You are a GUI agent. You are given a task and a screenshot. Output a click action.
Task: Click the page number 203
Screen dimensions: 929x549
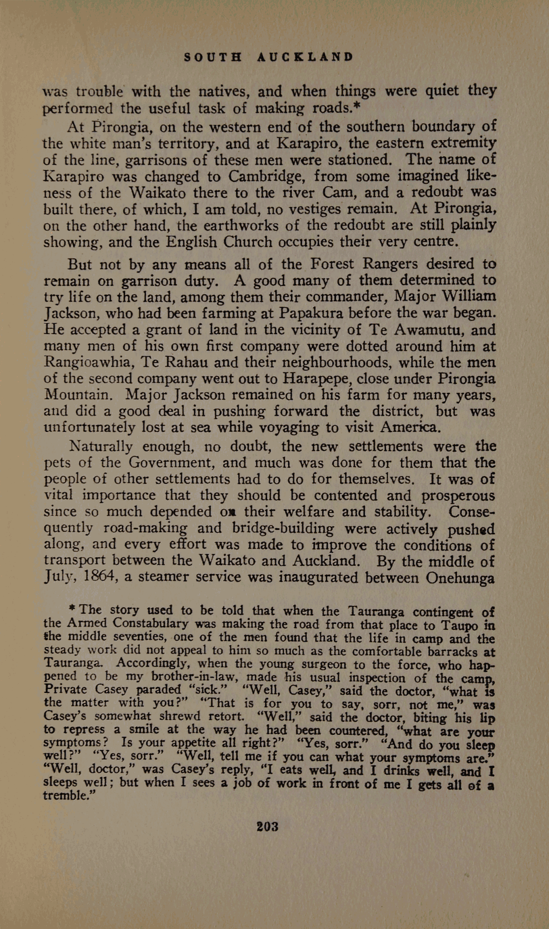click(268, 826)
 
